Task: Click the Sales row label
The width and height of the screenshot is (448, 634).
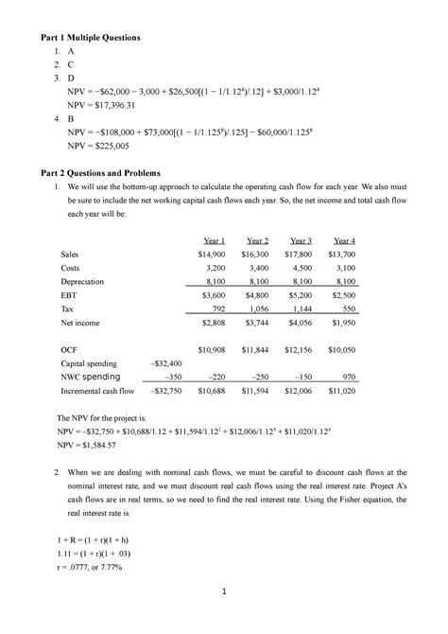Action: tap(69, 255)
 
